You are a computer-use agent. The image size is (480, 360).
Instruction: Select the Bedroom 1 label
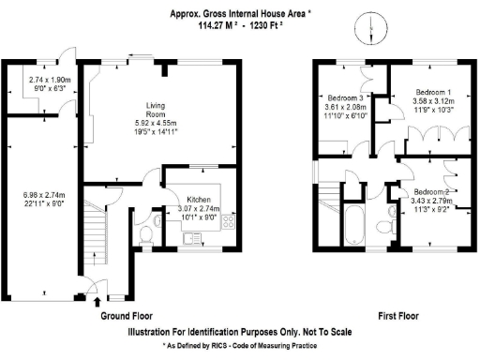[432, 92]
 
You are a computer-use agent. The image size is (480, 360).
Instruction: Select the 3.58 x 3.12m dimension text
[432, 101]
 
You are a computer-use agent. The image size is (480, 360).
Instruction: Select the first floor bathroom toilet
[386, 225]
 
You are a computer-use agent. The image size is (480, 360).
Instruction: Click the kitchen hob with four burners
[227, 226]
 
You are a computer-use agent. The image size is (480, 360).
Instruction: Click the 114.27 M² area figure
[218, 26]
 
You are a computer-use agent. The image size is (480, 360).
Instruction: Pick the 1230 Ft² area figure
[262, 26]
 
